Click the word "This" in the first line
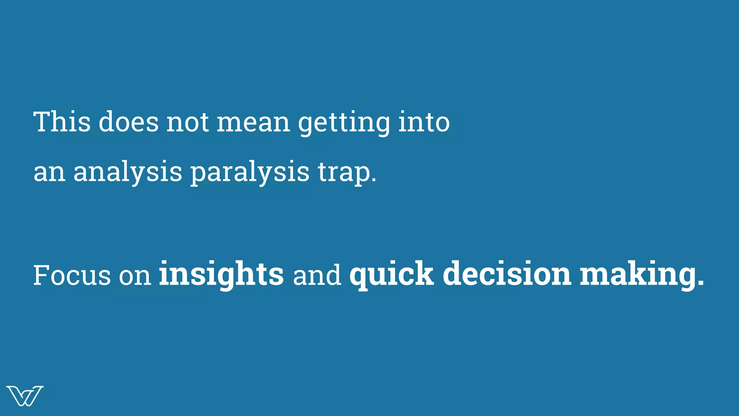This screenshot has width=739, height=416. point(62,122)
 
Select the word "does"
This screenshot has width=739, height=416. point(128,122)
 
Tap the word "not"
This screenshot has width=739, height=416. point(187,122)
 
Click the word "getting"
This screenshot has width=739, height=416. point(344,123)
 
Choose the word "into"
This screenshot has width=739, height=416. point(424,122)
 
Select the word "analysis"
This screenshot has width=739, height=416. point(128,172)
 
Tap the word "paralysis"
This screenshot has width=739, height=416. point(250,172)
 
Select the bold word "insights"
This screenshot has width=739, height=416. point(221,274)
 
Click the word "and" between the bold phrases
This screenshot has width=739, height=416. point(317,275)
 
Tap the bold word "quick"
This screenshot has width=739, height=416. point(392,274)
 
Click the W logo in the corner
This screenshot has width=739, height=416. point(25,396)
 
